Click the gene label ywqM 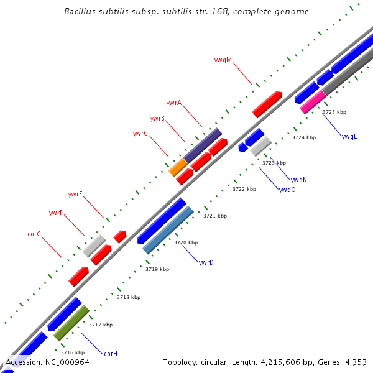(x=223, y=60)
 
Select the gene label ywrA (x=174, y=103)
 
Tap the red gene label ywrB (x=157, y=118)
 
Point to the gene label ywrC (x=140, y=133)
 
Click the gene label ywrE (x=75, y=195)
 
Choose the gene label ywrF (x=55, y=213)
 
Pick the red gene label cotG (x=34, y=234)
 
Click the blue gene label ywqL (x=349, y=137)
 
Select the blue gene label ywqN (x=299, y=180)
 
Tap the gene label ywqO (x=287, y=190)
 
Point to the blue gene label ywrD (x=206, y=263)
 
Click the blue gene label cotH (x=111, y=354)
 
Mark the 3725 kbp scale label (x=334, y=113)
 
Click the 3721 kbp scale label (x=215, y=216)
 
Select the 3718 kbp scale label (x=129, y=297)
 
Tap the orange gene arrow (x=178, y=167)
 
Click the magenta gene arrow (x=313, y=102)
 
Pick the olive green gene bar (x=71, y=323)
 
